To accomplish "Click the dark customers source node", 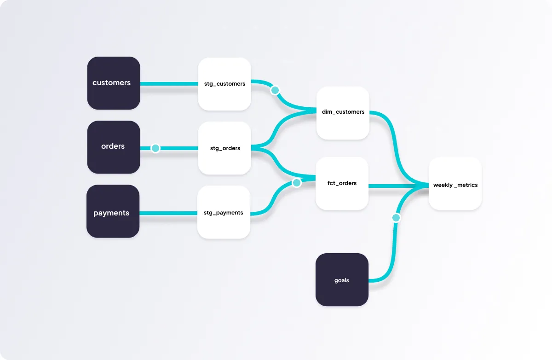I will click(114, 83).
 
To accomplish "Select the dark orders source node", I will click(114, 147).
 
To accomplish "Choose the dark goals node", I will click(342, 279).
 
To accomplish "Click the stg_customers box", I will click(224, 84).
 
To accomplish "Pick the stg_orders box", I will click(224, 148).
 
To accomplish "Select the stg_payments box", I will click(224, 212).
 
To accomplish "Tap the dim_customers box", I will click(343, 113).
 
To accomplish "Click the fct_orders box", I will click(342, 183).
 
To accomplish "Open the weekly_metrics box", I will click(455, 184).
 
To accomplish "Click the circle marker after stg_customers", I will click(275, 90).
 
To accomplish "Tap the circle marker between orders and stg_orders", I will click(155, 148).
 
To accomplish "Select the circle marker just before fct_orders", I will click(297, 183).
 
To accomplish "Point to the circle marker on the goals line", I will click(396, 218).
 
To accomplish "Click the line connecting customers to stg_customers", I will click(169, 84).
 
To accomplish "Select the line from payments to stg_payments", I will click(168, 213).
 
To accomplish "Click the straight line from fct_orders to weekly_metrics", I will click(396, 186).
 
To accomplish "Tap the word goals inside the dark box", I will click(342, 280).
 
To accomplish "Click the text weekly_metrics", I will click(455, 185).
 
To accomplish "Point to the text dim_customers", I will click(343, 112).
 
